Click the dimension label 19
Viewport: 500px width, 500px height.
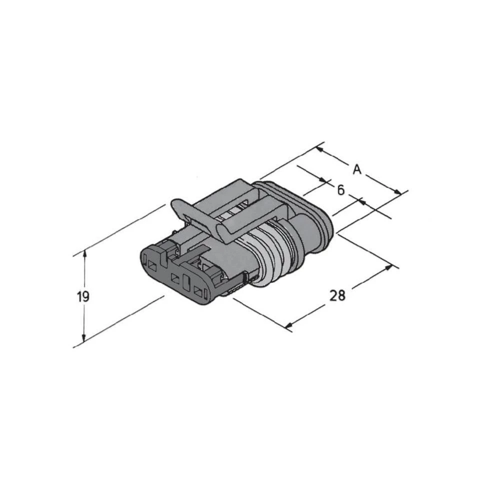(83, 296)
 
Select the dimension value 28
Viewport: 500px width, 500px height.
(337, 295)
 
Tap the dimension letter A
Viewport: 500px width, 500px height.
(356, 169)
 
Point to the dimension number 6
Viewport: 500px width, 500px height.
(340, 190)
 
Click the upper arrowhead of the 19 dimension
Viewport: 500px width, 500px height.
(84, 254)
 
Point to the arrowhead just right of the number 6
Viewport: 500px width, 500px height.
(360, 202)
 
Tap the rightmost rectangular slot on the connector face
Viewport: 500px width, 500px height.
(198, 291)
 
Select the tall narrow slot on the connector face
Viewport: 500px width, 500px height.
(186, 282)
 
